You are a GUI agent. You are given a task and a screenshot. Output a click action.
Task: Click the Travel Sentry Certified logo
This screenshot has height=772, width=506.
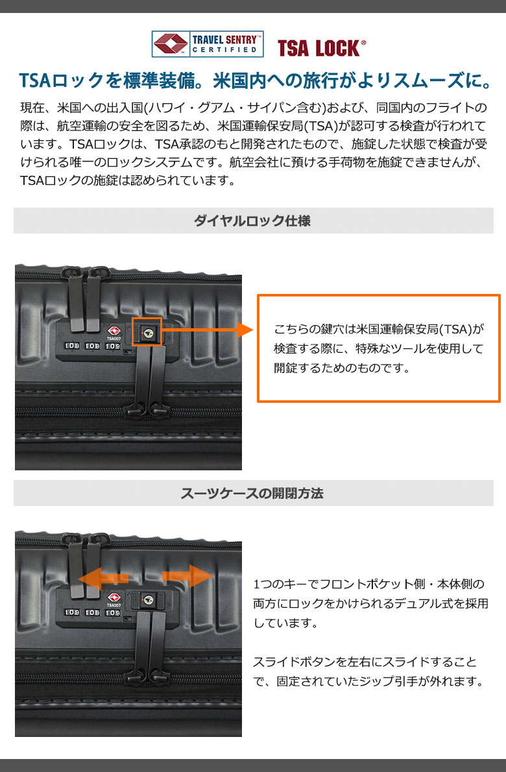[207, 44]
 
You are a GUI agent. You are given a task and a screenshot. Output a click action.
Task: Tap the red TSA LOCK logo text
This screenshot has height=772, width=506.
[322, 48]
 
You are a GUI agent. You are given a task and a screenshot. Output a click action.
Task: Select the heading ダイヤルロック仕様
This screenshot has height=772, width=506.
[252, 221]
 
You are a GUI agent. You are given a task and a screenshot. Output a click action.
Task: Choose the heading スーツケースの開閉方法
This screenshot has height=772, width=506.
[252, 493]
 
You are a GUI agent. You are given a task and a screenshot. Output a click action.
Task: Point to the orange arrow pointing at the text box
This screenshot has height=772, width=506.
[208, 330]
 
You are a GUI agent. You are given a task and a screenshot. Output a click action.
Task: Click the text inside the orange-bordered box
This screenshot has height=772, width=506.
[378, 348]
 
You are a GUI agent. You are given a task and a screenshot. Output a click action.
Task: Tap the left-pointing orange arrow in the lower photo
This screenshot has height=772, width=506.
[103, 577]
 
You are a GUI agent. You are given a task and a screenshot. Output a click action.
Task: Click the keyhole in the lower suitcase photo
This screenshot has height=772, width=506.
[148, 599]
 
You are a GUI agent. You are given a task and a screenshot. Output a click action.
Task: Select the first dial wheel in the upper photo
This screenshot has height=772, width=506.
[73, 346]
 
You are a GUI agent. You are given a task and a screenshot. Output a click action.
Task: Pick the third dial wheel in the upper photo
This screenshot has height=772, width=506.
[114, 346]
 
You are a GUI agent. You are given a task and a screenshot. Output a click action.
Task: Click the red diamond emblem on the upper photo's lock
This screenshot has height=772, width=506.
[114, 330]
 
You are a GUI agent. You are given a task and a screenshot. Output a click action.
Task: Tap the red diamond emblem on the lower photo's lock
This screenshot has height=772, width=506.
[114, 597]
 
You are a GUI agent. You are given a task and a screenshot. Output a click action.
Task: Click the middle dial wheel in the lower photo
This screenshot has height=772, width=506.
[93, 613]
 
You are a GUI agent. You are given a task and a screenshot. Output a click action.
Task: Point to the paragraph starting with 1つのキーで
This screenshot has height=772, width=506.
[370, 603]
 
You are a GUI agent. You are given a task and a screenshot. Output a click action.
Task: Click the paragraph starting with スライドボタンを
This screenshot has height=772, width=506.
[369, 671]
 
